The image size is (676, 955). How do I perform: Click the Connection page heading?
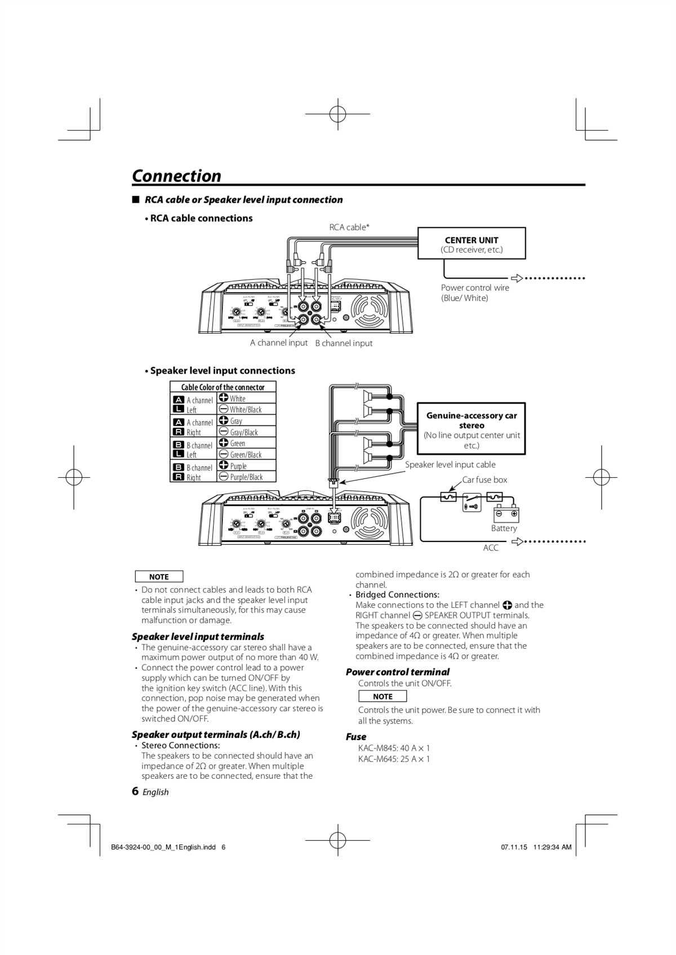(x=176, y=176)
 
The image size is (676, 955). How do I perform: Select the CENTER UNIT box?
(x=472, y=244)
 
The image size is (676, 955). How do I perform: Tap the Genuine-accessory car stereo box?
(x=471, y=429)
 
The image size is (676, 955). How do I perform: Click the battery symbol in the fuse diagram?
(x=506, y=514)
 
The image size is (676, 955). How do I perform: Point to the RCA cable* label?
(x=349, y=227)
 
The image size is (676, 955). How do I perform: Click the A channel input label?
(x=279, y=343)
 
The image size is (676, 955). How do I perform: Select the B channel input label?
(x=344, y=343)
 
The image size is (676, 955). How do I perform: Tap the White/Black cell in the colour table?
(x=246, y=410)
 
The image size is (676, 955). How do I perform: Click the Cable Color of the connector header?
(x=223, y=387)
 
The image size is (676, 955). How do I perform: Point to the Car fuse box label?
(x=484, y=480)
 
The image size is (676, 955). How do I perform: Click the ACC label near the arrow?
(x=491, y=548)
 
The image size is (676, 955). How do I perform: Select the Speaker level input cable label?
(x=450, y=465)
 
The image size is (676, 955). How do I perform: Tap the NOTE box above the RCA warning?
(x=159, y=577)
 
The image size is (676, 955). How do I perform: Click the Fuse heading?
(x=356, y=737)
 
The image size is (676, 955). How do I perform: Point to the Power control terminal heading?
(x=397, y=672)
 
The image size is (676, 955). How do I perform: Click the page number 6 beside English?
(x=135, y=791)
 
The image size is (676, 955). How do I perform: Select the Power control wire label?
(x=475, y=293)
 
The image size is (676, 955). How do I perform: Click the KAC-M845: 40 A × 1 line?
(x=394, y=748)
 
